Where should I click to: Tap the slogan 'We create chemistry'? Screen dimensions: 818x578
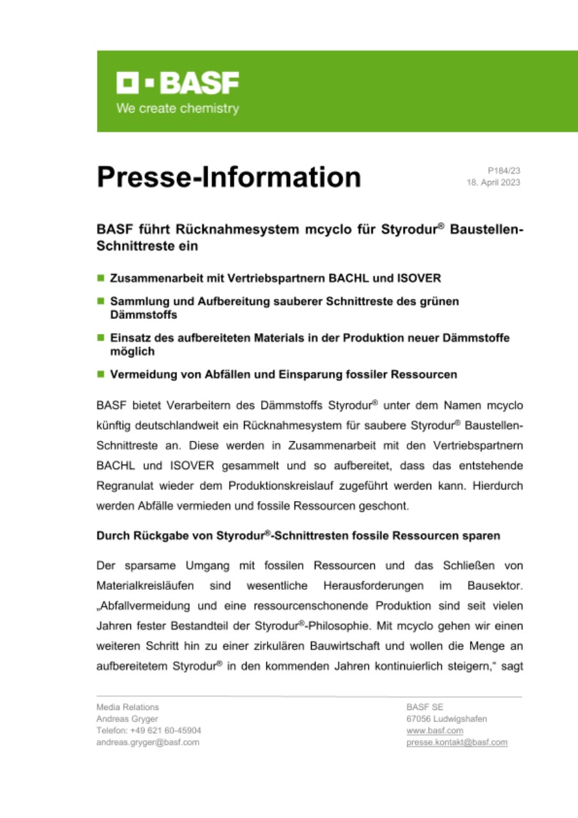(x=178, y=109)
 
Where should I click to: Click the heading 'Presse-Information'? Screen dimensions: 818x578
(x=229, y=177)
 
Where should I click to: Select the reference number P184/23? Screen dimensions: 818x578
(x=504, y=171)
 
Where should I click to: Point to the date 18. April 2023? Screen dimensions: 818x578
(x=494, y=182)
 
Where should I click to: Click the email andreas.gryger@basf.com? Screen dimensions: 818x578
(x=148, y=742)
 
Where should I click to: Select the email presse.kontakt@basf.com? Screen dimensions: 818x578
(x=457, y=742)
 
